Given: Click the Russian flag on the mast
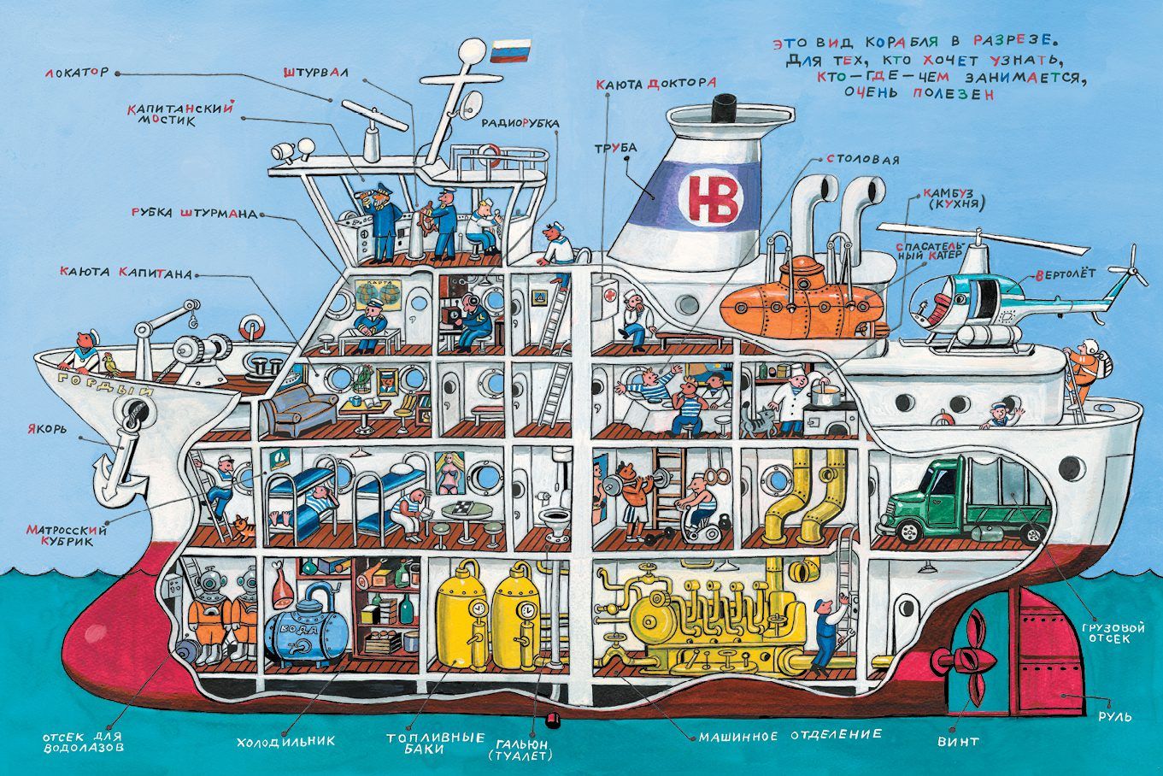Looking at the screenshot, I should click(509, 50).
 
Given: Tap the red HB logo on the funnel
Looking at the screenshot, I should click(706, 196).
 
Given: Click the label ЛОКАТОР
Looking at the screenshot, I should click(78, 73).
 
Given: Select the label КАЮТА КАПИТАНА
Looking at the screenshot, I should click(125, 273).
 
